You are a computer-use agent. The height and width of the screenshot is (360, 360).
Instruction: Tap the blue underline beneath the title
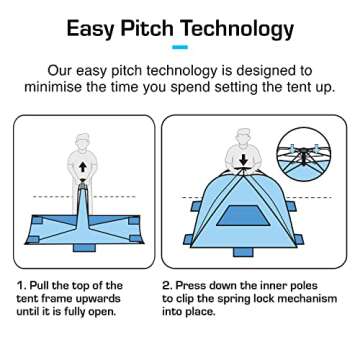(x=180, y=47)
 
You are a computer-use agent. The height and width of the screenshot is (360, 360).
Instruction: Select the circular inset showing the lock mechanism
(x=306, y=151)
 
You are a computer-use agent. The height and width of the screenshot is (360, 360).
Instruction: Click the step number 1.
(x=20, y=285)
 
